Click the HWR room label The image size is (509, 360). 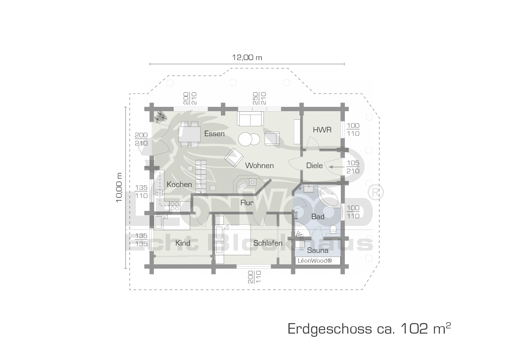click(x=322, y=130)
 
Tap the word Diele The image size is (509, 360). click(x=315, y=165)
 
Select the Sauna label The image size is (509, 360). click(x=318, y=250)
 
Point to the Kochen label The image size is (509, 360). click(x=179, y=184)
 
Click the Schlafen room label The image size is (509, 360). click(x=268, y=243)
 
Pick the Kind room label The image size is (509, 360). click(x=183, y=243)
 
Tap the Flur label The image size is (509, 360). click(x=247, y=203)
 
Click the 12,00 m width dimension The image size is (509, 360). click(x=247, y=57)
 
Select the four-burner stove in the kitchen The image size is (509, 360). click(x=175, y=206)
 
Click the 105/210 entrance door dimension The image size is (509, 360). click(x=353, y=167)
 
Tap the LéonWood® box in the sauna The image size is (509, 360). click(x=318, y=261)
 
